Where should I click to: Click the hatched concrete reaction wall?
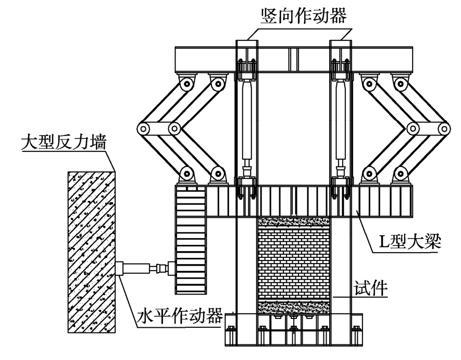(90, 252)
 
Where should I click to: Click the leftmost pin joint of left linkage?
(143, 128)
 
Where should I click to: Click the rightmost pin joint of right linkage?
(444, 128)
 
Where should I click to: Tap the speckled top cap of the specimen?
(294, 222)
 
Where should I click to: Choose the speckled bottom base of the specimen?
(294, 307)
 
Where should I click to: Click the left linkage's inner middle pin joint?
(173, 128)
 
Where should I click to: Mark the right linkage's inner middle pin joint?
(413, 128)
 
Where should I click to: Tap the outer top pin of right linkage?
(401, 82)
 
